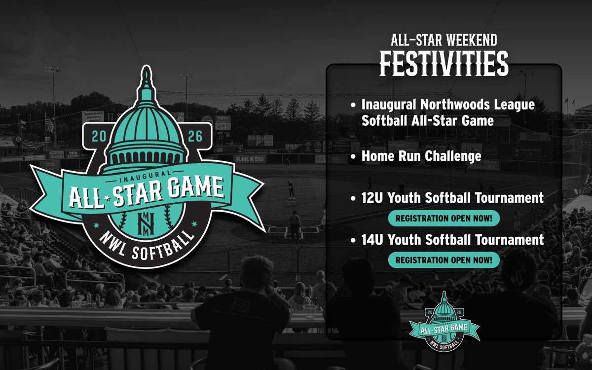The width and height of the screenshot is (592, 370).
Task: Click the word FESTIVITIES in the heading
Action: coord(444,64)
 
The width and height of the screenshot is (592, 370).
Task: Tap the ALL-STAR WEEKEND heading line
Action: coord(444,41)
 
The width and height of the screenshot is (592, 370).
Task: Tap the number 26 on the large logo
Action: coord(194,136)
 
